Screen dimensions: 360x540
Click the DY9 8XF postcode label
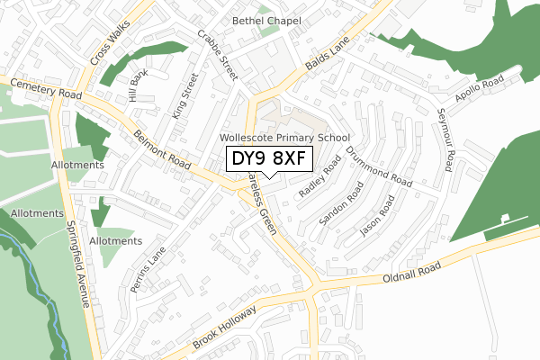coord(270,160)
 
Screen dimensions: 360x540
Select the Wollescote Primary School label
coord(284,138)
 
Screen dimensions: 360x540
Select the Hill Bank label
coord(138,88)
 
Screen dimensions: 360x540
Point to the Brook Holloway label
coord(222,330)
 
